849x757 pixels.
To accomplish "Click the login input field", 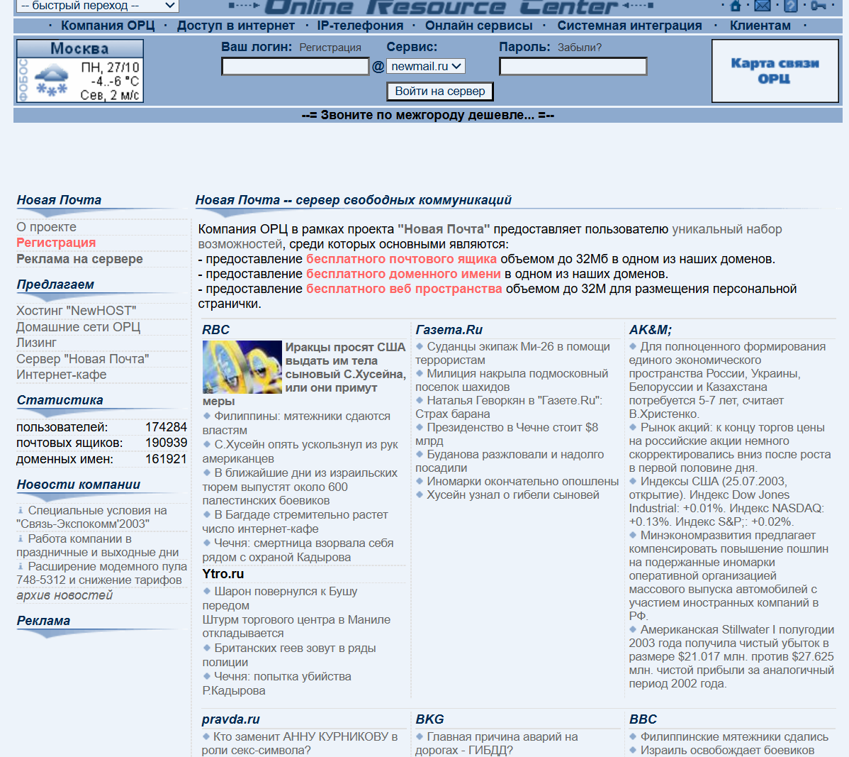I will point(295,67).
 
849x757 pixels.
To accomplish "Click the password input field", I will point(573,67).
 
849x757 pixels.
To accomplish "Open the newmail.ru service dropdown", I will point(426,66).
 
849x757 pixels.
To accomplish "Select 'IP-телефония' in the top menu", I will point(360,26).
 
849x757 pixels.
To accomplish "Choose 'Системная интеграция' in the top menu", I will point(629,26).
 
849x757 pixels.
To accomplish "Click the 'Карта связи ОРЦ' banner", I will point(775,71).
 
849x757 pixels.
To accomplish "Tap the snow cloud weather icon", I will point(52,76).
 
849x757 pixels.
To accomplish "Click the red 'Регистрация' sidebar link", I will point(56,243).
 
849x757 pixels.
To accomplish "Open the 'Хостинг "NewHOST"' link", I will point(76,311).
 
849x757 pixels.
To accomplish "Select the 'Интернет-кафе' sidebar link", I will point(62,375).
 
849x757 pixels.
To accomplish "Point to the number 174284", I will point(166,427).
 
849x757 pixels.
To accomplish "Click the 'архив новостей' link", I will point(64,595).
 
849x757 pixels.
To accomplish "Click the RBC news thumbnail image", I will point(242,367).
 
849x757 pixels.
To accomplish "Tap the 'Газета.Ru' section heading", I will point(449,330).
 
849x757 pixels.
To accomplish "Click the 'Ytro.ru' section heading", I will point(223,574).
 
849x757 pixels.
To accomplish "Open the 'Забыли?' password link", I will point(579,48).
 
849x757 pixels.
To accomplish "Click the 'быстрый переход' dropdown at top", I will point(97,6).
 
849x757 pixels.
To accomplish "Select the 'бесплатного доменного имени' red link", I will point(403,274).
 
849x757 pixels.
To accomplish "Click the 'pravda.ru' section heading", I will point(230,719).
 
